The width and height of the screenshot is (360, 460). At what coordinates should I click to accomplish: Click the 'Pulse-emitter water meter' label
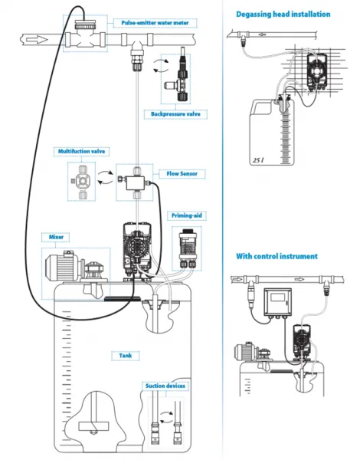[155, 23]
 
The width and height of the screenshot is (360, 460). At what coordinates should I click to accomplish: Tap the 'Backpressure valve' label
[175, 114]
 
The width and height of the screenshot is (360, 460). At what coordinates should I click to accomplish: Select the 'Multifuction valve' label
[81, 151]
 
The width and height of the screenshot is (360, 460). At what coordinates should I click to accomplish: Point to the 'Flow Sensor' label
[182, 174]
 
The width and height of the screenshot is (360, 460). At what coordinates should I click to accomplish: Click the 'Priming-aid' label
[187, 215]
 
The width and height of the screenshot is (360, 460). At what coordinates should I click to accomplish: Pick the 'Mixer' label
[56, 237]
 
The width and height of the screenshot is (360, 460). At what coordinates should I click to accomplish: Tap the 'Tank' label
[126, 356]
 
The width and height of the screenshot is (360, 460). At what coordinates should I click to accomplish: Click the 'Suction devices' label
[165, 386]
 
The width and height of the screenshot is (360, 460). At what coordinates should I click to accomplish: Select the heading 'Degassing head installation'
[283, 14]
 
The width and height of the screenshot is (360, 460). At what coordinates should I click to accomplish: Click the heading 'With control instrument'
[277, 256]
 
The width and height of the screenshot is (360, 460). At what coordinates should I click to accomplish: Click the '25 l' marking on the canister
[258, 160]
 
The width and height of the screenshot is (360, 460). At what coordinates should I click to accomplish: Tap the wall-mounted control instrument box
[277, 303]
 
